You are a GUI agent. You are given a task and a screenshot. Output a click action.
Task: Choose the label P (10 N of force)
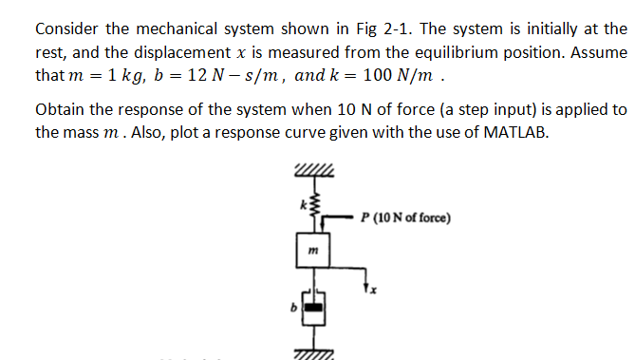(x=405, y=217)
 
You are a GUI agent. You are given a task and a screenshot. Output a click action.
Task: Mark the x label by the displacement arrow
(x=373, y=288)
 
